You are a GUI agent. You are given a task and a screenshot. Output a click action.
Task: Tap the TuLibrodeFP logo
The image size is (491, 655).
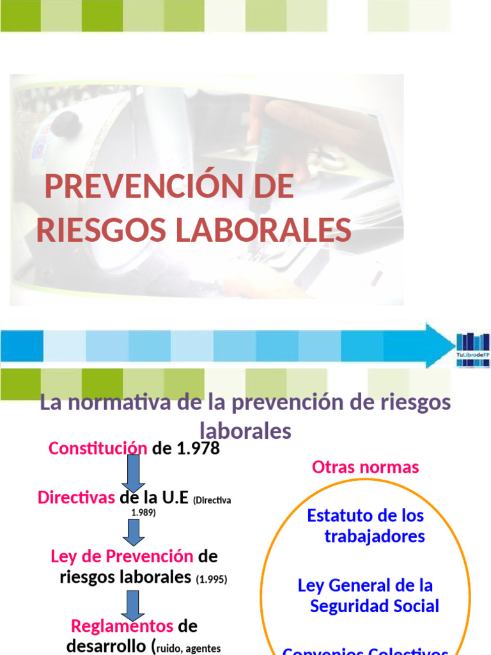[x=473, y=349]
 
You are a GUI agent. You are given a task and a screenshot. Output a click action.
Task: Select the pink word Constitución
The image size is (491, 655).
[x=98, y=448]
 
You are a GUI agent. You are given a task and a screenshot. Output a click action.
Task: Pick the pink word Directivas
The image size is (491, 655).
[x=76, y=498]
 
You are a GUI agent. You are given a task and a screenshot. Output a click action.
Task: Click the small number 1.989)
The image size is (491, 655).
[x=143, y=512]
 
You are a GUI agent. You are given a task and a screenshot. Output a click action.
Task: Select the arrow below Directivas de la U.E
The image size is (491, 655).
[x=134, y=531]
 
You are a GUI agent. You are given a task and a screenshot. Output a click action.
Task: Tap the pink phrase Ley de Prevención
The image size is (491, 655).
[x=121, y=555]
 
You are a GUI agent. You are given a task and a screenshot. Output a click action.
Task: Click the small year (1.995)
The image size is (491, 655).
[x=212, y=580]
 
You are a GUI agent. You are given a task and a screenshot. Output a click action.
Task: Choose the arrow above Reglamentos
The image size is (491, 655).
[x=133, y=603]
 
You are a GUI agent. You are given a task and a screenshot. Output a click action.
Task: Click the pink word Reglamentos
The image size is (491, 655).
[x=122, y=626]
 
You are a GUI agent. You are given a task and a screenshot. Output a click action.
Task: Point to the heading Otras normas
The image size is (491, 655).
[x=365, y=467]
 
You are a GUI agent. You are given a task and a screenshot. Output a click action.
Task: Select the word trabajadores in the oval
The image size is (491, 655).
[x=375, y=536]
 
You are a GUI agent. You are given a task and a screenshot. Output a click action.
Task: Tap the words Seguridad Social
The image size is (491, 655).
[x=375, y=606]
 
